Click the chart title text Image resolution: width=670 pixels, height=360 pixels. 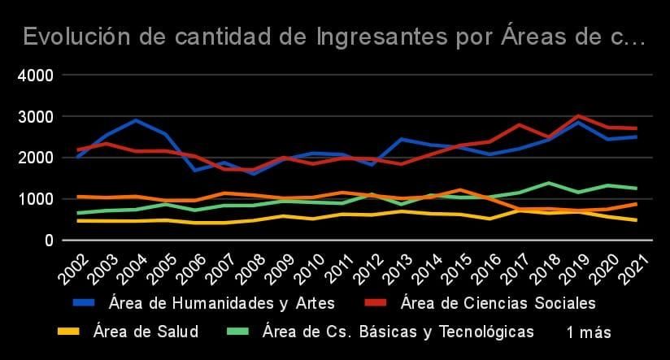pos(333,37)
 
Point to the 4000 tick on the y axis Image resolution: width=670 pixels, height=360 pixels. pos(36,76)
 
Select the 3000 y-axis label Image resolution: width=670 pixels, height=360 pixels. pos(36,117)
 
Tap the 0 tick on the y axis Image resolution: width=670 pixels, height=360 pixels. pos(49,241)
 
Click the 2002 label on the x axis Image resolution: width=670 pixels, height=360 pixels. pos(74,269)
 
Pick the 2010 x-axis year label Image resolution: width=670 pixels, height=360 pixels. pos(310,269)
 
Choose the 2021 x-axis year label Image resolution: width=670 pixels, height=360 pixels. pos(634,269)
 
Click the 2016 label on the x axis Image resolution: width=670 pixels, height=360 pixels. pos(487,269)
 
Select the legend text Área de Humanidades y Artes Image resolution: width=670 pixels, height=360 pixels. pos(222,303)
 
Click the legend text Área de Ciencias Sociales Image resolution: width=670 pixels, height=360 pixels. pos(498,303)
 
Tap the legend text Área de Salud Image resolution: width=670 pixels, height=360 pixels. pos(146,332)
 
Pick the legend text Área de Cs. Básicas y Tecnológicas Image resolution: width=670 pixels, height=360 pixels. pos(398,332)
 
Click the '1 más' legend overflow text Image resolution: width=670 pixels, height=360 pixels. pos(589,332)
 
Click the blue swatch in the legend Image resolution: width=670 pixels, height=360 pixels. pos(84,303)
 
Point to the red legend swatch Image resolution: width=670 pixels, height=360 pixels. pos(376,303)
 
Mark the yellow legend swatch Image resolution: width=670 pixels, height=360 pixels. pos(68,332)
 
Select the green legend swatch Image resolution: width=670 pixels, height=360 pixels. pos(237,332)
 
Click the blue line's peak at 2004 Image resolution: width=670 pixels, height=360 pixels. pos(136,120)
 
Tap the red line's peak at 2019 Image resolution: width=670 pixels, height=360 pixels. pos(578,115)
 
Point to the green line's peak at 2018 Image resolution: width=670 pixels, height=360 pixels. pos(549,183)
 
